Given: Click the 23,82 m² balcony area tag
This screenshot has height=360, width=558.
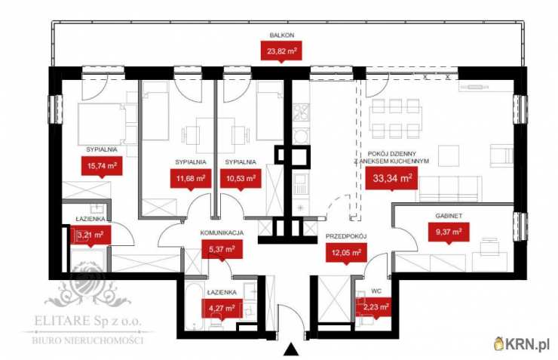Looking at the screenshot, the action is [x=282, y=51].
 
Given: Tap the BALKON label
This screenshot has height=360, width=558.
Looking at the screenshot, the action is [x=282, y=35].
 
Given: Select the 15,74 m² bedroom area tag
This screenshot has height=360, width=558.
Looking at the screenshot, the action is [x=102, y=166].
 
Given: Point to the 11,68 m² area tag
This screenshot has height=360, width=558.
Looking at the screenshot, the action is [x=191, y=179].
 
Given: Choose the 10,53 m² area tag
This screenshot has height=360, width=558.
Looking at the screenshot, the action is [x=241, y=179].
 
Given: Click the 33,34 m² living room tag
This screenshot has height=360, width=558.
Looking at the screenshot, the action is [x=392, y=178].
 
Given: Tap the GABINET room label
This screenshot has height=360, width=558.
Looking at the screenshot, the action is [x=449, y=216].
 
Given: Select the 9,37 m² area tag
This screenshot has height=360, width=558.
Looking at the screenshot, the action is [x=449, y=232].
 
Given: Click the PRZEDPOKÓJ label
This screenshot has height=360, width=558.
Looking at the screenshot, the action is [x=346, y=236].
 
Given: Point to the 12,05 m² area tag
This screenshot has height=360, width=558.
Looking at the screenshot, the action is [x=346, y=254].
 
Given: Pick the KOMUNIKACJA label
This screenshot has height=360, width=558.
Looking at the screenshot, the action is [x=222, y=233].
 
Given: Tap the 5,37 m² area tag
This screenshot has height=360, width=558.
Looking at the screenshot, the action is [x=222, y=250].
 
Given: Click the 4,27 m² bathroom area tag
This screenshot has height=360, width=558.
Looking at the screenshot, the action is [x=222, y=309].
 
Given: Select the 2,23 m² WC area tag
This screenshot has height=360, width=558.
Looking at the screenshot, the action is [x=376, y=307].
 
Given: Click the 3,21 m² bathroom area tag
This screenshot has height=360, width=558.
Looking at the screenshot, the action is [x=90, y=235].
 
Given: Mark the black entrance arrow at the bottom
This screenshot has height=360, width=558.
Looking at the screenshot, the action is [x=292, y=349].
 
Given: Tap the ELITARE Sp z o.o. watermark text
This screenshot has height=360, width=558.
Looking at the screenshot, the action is [x=87, y=321].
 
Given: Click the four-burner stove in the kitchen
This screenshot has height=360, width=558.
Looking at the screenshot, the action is [x=301, y=112].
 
